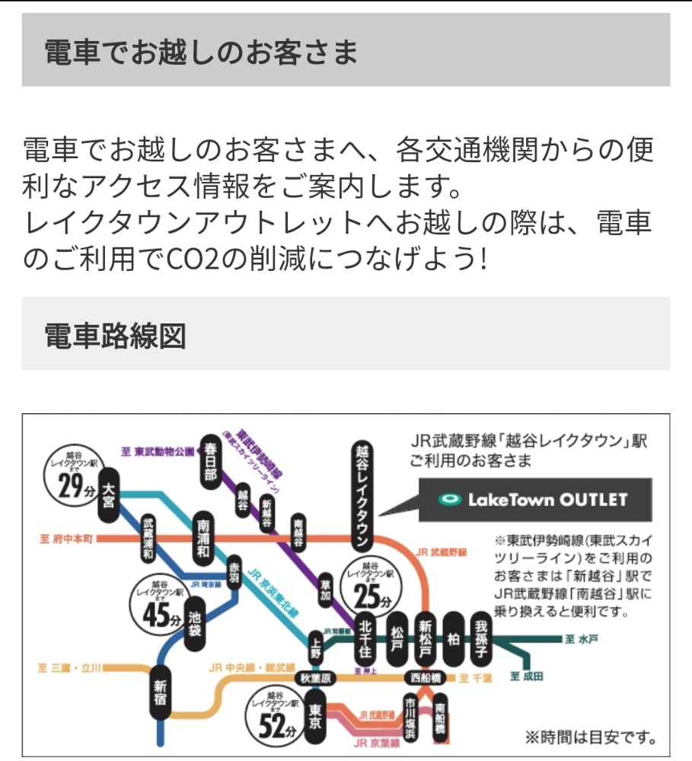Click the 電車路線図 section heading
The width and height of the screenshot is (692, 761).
[x=115, y=335]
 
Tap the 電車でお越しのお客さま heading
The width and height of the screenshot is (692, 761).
[x=201, y=52]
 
